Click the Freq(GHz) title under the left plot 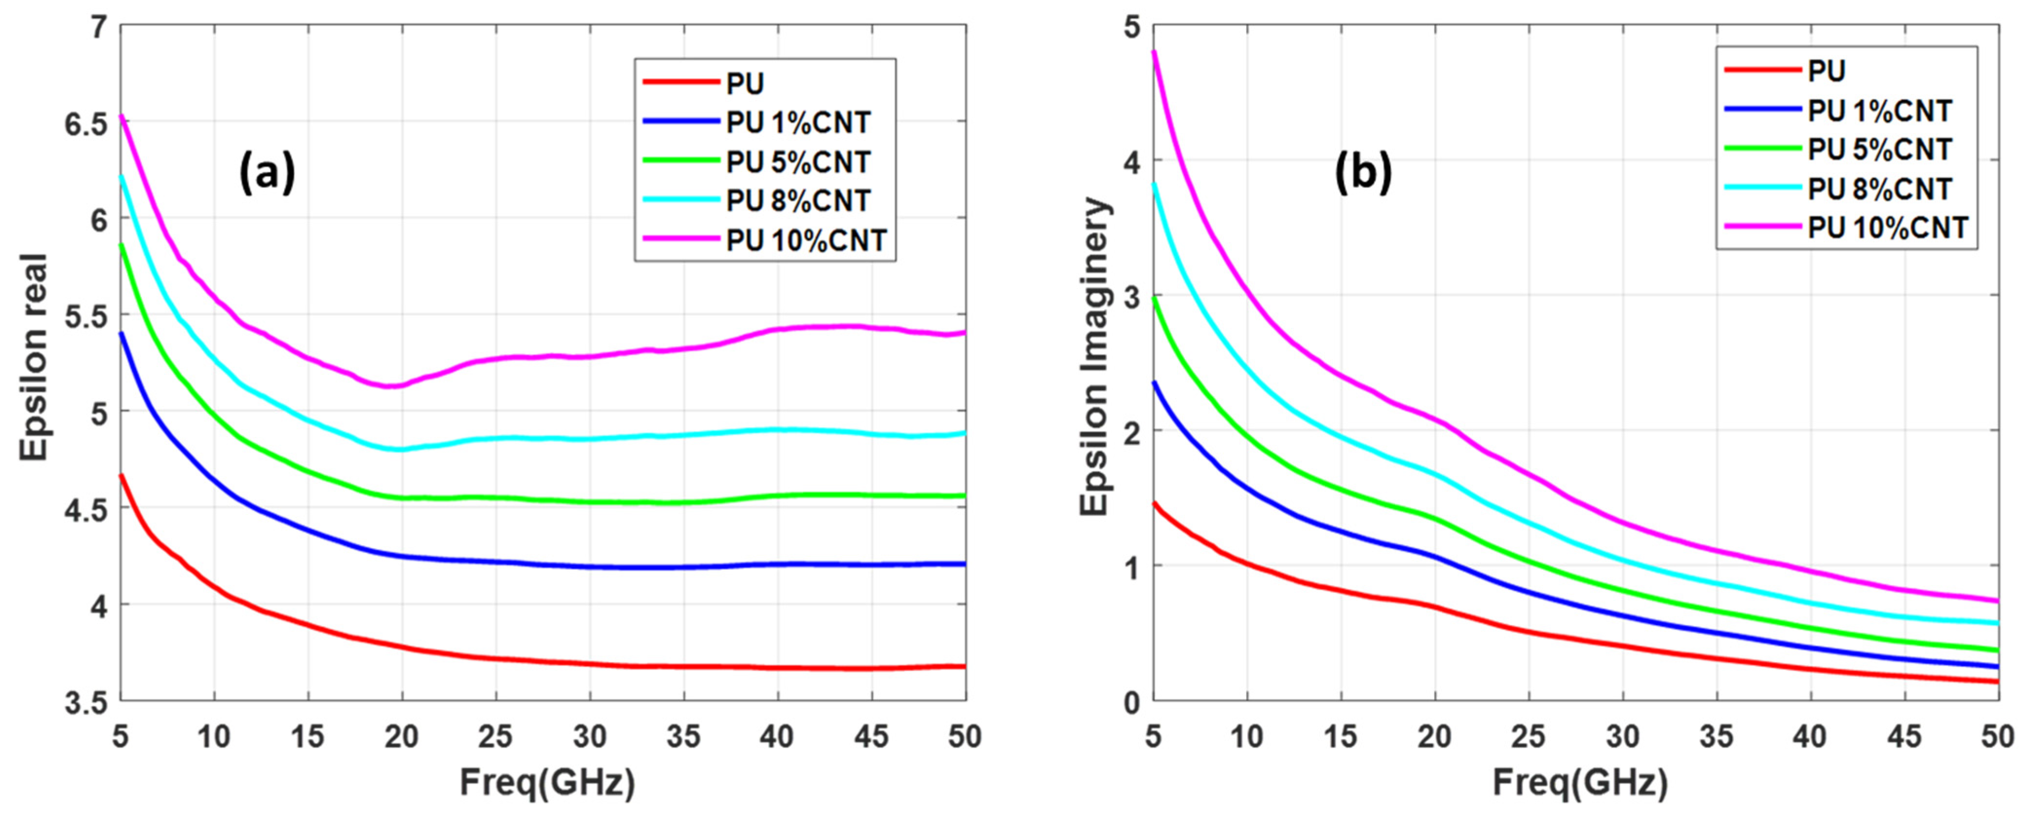click(547, 783)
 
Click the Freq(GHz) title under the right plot click(1580, 783)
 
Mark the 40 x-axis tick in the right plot click(1810, 737)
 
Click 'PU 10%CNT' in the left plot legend click(806, 241)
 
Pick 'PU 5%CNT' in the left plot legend click(797, 162)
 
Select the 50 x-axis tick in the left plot click(964, 737)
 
